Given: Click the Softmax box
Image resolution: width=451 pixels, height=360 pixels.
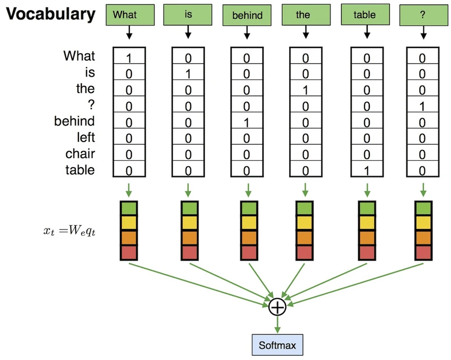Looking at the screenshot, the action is (277, 345).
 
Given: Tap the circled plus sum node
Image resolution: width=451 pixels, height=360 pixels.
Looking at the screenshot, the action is (277, 307).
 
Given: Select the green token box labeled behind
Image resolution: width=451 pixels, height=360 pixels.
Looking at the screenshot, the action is (247, 15).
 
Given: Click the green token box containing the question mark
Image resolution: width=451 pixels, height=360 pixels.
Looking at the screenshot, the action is (424, 15).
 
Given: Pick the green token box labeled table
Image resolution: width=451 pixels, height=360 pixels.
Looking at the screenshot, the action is (365, 14).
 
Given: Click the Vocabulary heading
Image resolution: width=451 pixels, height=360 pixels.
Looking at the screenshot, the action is (50, 14).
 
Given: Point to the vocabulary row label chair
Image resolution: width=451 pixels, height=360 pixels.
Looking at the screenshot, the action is (80, 153).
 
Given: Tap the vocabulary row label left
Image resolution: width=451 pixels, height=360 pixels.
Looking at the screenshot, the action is (86, 137).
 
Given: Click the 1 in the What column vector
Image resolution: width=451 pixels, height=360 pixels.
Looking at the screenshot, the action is (129, 58).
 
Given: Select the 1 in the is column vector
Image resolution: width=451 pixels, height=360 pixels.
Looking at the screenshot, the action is (188, 74).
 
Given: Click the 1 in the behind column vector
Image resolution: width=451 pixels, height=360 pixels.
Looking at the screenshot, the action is (247, 123).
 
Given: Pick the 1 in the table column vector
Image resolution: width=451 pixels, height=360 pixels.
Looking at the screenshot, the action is (367, 171).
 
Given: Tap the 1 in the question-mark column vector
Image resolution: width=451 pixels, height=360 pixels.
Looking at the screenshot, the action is (422, 107).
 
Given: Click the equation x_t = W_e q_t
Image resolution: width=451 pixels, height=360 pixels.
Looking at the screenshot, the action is (70, 231).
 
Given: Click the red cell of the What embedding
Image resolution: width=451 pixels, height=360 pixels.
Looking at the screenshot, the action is (129, 253).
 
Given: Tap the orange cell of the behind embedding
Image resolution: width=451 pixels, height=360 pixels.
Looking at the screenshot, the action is (249, 238).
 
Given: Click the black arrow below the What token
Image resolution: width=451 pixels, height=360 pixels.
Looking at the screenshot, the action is (129, 32).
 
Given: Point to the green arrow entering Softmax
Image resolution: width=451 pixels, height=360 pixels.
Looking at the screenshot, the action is (277, 324).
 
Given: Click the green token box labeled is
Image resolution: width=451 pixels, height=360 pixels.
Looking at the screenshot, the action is (188, 14).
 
